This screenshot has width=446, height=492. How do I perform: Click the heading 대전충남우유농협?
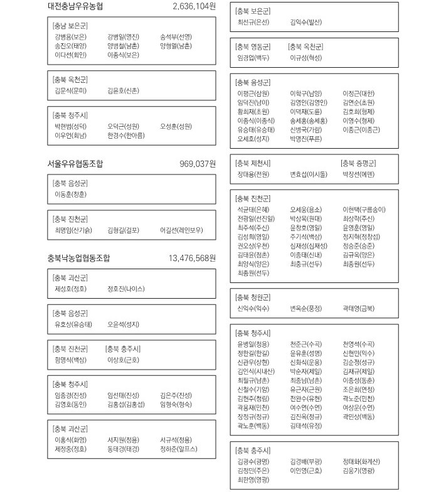point(75,7)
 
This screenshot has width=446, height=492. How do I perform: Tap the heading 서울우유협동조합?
point(75,164)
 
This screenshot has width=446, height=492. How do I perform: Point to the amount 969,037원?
point(198,164)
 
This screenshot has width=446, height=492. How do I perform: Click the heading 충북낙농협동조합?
point(78,258)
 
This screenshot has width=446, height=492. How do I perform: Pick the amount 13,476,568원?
point(192,258)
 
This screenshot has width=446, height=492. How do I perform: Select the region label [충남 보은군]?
point(70,26)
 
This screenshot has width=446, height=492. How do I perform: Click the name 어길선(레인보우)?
point(182,230)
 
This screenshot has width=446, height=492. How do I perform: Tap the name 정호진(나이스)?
point(126,289)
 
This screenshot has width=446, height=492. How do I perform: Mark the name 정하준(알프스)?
point(179,449)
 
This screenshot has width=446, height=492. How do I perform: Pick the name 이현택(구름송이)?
point(364,210)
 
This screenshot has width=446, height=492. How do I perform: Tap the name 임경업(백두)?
point(253,57)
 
